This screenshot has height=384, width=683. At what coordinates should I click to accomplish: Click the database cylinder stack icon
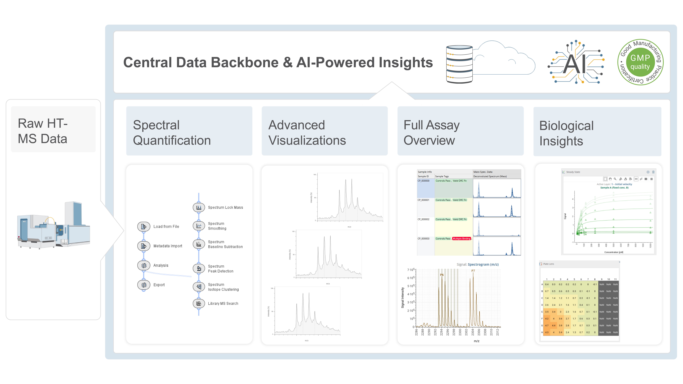[459, 64]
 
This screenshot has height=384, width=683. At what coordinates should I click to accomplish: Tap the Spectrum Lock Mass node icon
[199, 207]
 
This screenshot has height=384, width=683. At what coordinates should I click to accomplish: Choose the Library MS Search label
[223, 303]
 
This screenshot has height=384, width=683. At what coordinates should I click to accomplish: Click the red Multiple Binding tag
[461, 238]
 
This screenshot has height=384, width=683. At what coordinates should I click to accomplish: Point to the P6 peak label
[442, 275]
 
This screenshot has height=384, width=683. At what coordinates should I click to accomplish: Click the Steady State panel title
[573, 172]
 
